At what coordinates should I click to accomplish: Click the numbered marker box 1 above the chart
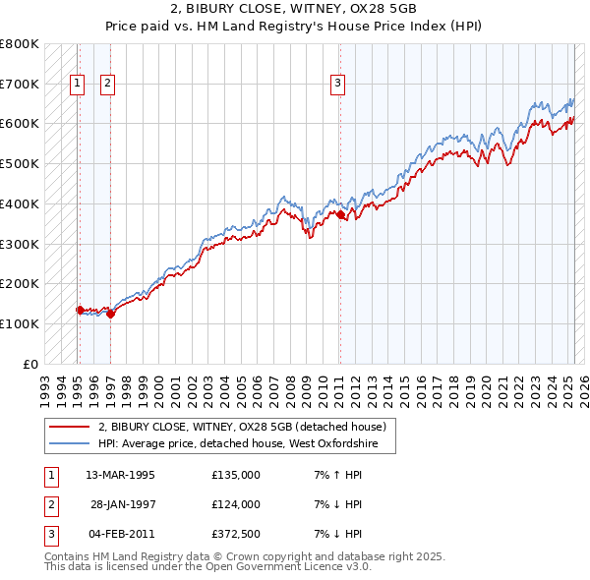[x=77, y=85]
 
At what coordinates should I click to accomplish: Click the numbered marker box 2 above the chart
[x=107, y=85]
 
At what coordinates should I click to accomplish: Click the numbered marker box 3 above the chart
[x=337, y=85]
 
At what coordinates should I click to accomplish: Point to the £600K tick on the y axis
[x=20, y=124]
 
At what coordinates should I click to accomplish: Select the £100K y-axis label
[x=20, y=323]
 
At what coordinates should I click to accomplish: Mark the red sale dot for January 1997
[x=111, y=314]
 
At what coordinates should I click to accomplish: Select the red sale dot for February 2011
[x=340, y=214]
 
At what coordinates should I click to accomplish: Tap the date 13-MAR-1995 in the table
[x=121, y=475]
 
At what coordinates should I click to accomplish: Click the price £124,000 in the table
[x=236, y=504]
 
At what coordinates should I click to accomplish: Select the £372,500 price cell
[x=236, y=534]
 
